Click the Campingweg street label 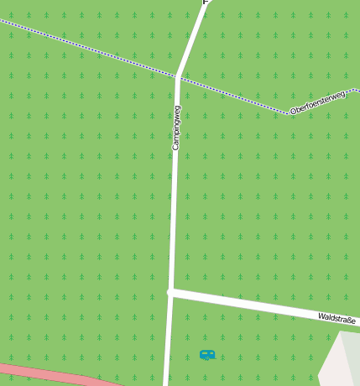coord(176,128)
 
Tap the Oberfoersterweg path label coord(317,102)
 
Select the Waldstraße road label coord(337,319)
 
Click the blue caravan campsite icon coord(207,355)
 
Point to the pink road coord(50,374)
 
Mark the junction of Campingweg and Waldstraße coord(170,292)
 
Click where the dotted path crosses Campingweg coord(178,76)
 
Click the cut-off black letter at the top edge coord(206,2)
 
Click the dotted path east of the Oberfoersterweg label coord(354,89)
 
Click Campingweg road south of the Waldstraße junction coord(168,344)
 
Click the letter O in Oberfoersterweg coord(293,111)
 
